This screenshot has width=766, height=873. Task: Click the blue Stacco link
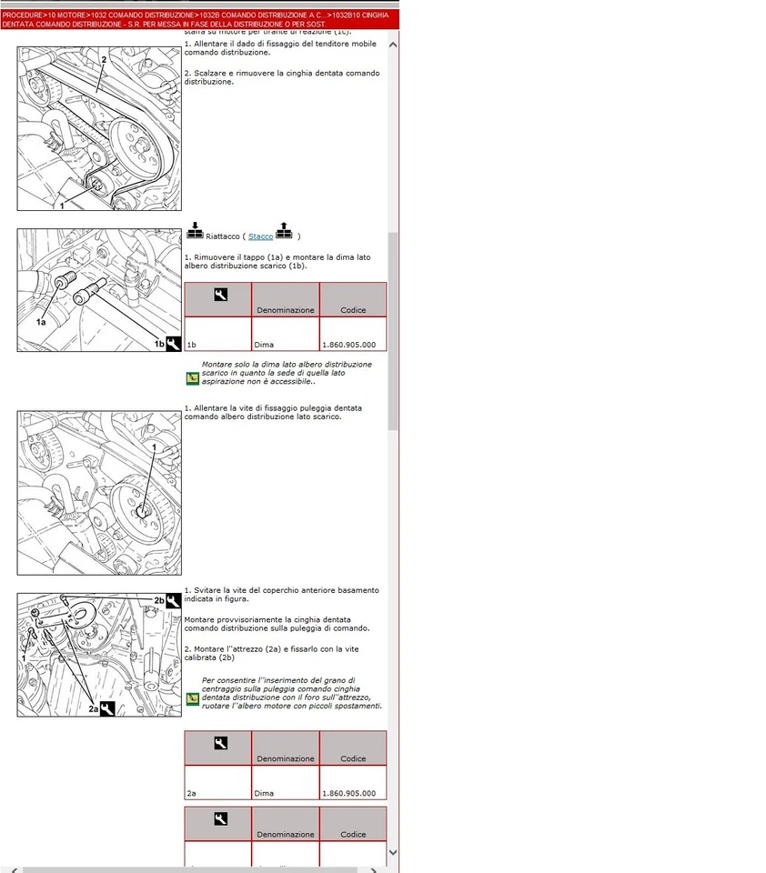[260, 236]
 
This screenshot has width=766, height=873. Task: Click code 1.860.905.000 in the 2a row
[348, 793]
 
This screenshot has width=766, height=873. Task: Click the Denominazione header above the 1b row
[285, 310]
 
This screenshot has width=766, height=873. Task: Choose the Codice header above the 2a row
[353, 758]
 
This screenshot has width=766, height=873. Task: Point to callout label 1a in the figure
[41, 322]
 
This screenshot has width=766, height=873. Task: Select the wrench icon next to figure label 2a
[106, 708]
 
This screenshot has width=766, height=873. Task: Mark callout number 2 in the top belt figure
[105, 59]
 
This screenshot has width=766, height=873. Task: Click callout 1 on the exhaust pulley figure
[155, 448]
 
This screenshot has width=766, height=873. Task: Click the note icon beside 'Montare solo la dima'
[192, 377]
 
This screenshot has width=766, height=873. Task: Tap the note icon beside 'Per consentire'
[192, 698]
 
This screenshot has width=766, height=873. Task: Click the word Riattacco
[223, 236]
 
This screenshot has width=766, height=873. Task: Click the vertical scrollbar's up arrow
[393, 45]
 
